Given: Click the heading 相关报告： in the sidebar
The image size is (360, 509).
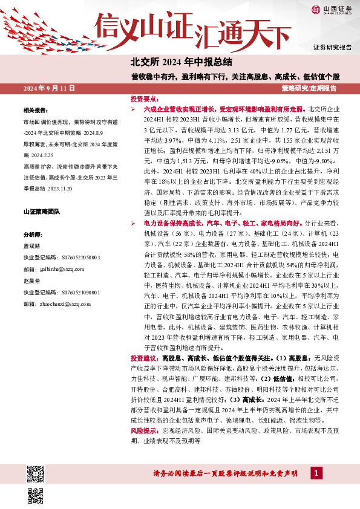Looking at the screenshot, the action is pos(34,111).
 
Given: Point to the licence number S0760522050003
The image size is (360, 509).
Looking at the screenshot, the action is pos(72,256).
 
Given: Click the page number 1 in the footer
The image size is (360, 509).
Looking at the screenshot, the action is pos(316,472).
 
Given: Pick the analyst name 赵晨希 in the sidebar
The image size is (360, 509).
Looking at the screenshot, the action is pos(31,282).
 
